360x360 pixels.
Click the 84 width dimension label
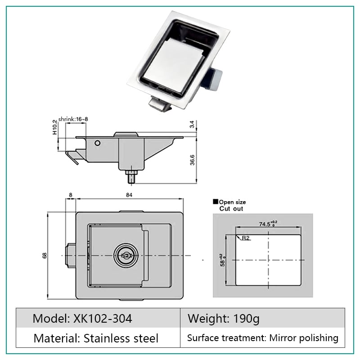click(129, 195)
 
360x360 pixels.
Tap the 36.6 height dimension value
click(192, 160)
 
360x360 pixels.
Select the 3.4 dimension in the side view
click(192, 124)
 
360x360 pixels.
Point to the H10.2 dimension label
click(54, 127)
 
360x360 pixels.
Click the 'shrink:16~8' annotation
click(73, 119)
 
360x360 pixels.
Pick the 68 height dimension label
click(44, 255)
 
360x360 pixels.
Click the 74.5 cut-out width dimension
click(268, 223)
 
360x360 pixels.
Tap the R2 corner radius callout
click(245, 238)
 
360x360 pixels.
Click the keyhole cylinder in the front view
click(126, 255)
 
